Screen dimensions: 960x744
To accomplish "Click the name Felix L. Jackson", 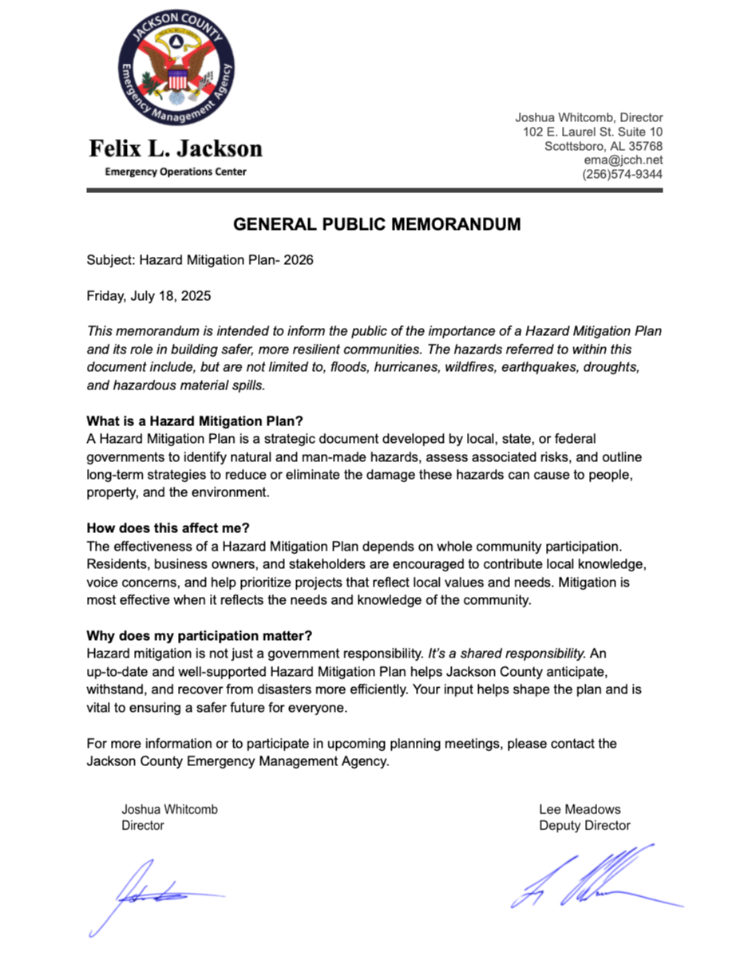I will [x=176, y=148].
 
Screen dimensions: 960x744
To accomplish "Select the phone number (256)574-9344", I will [x=623, y=175].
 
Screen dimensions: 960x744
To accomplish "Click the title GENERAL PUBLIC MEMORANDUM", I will [x=377, y=225].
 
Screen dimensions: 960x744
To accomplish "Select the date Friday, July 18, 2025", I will [x=148, y=296].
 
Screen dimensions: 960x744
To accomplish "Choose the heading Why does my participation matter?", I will [x=199, y=637].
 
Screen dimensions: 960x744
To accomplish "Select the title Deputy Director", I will [x=584, y=826].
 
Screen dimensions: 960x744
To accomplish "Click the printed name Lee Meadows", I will [x=580, y=809].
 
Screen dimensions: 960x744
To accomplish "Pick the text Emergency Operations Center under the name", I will [x=176, y=172].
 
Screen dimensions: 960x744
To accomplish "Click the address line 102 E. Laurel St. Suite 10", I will [x=593, y=132].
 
